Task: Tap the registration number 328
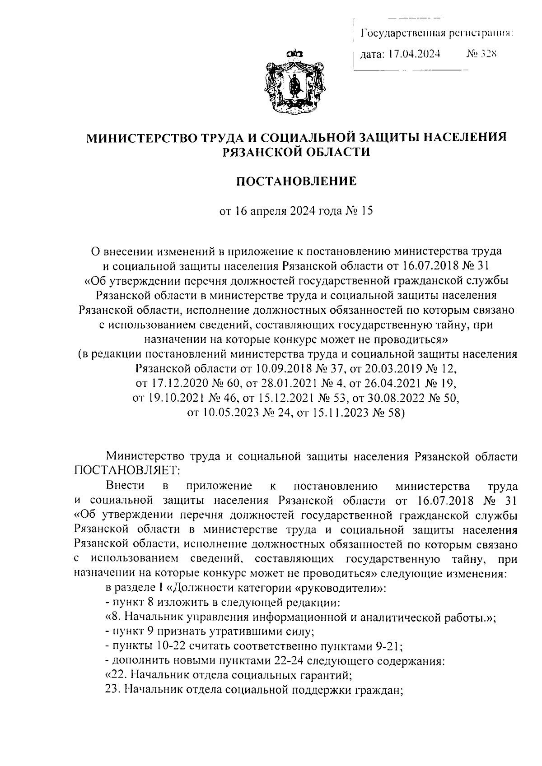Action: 488,55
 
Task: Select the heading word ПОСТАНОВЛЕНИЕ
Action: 297,181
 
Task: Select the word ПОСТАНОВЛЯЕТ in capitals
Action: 126,471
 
